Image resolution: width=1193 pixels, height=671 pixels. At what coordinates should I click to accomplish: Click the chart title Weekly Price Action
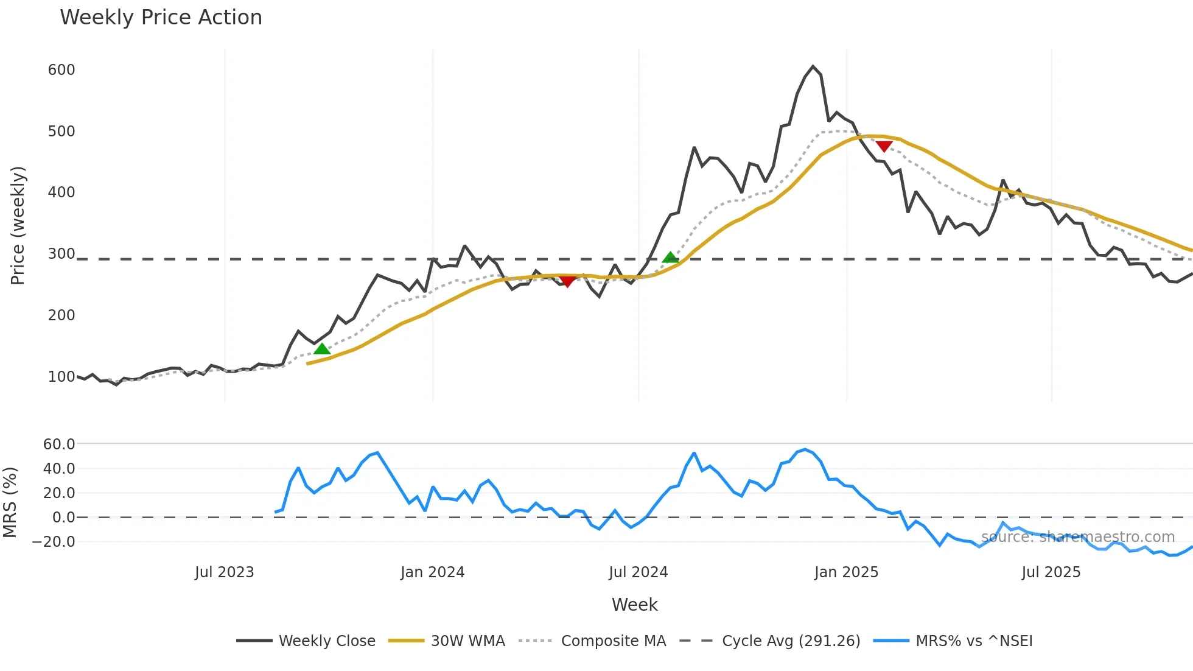click(161, 18)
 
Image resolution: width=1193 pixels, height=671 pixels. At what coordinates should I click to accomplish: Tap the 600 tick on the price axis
click(61, 70)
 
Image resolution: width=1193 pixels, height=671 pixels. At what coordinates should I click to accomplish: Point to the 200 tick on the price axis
click(61, 315)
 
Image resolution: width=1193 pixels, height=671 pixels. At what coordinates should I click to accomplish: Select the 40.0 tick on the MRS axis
click(59, 469)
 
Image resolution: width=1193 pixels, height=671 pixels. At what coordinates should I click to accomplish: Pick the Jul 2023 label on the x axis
click(224, 572)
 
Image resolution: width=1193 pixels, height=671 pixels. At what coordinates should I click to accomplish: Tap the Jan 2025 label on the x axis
click(846, 572)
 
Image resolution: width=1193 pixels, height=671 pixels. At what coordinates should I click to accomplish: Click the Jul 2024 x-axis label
click(638, 572)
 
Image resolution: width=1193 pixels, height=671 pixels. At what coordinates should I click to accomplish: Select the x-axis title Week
click(634, 605)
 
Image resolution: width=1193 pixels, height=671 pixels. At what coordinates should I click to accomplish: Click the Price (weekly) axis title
click(18, 225)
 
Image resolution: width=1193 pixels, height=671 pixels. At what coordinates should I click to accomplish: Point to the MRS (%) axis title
click(10, 502)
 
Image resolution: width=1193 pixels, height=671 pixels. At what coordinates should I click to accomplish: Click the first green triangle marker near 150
click(322, 349)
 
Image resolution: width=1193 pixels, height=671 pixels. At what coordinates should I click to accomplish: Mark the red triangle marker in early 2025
click(884, 146)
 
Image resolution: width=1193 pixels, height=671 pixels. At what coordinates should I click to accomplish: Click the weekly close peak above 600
click(813, 66)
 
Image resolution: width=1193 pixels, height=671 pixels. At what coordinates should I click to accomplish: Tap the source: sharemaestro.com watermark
click(1077, 537)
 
